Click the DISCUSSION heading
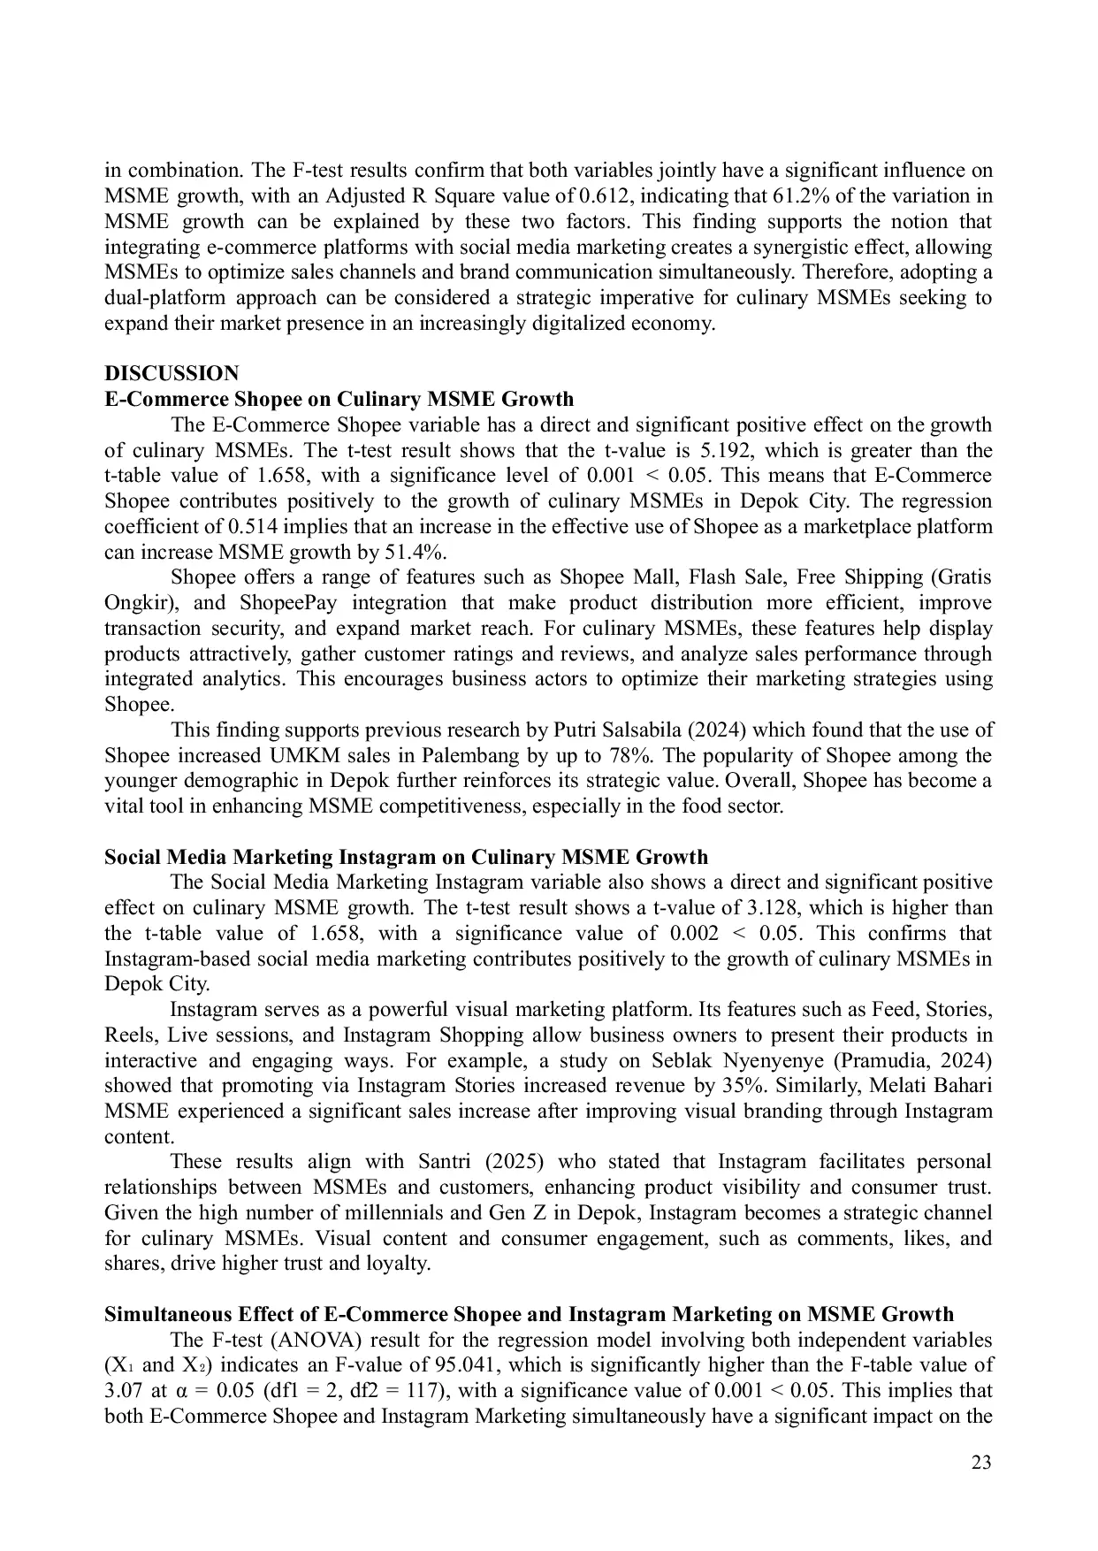(171, 373)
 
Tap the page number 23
(981, 1462)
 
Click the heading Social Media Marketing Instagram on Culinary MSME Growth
(406, 857)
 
